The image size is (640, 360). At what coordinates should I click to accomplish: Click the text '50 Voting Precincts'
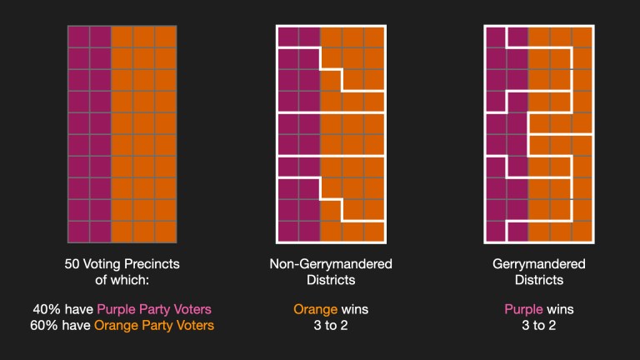pos(122,264)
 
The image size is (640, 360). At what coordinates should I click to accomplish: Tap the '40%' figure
pos(47,309)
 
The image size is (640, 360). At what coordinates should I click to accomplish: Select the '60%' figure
pos(47,325)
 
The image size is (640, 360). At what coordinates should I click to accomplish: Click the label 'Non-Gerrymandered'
pos(330,264)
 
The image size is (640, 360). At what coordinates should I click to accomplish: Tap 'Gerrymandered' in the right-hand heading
pos(538,264)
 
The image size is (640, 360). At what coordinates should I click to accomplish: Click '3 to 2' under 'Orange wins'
pos(331,325)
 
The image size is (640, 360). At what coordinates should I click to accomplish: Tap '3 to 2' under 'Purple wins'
pos(538,325)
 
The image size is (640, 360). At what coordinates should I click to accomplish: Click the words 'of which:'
pos(122,280)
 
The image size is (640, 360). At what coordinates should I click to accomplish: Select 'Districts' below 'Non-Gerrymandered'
pos(330,280)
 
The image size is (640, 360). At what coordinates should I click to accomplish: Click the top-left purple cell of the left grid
pos(78,37)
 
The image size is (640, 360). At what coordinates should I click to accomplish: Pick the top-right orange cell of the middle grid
pos(374,37)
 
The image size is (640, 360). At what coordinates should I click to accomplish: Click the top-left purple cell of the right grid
pos(495,37)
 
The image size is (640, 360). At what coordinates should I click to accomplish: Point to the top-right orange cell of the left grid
pos(166,37)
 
